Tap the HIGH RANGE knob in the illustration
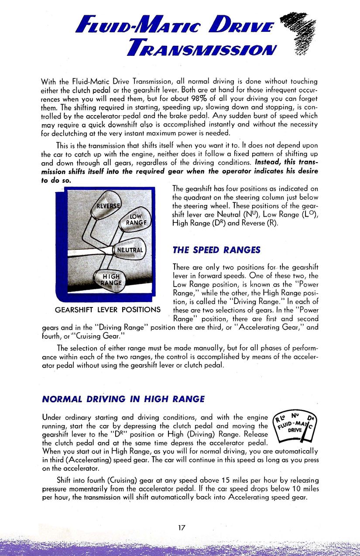click(109, 279)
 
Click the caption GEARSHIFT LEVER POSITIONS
click(108, 310)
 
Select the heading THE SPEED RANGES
click(216, 250)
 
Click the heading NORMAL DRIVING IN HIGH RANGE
click(123, 399)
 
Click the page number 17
click(182, 528)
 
